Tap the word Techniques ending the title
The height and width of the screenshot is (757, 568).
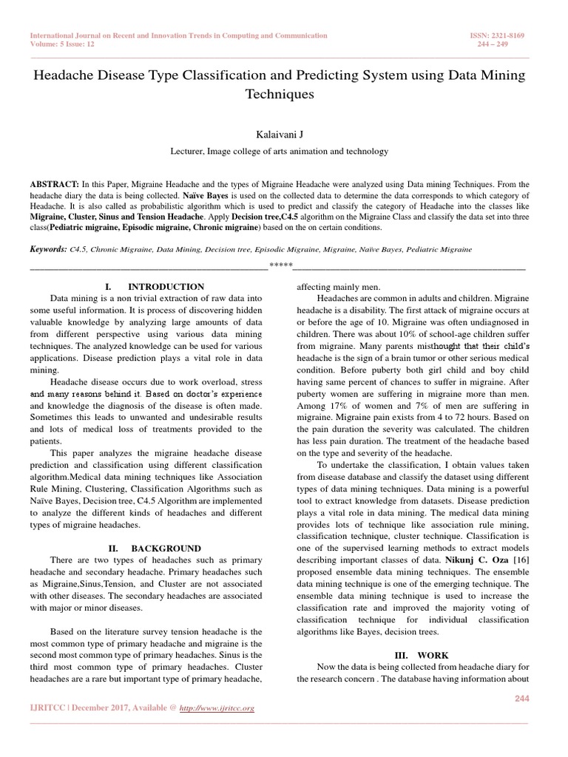pos(284,95)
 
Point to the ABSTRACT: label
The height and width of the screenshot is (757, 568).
pos(53,182)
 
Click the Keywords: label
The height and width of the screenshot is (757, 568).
pos(47,250)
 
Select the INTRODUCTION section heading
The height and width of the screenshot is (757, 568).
pos(166,286)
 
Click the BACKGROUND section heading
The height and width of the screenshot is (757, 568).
pos(166,549)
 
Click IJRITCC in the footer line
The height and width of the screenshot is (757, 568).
pos(47,708)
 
